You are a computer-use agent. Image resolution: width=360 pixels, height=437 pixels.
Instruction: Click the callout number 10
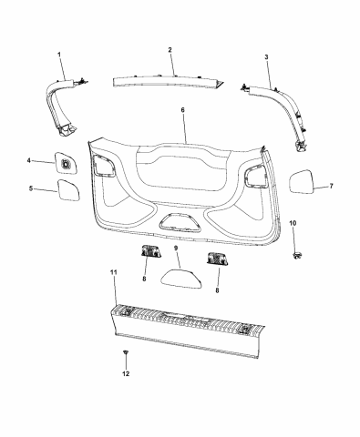coord(293,223)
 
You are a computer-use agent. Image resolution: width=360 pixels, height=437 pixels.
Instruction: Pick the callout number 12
coord(127,374)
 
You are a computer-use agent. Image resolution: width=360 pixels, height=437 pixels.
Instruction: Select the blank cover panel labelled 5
coord(68,191)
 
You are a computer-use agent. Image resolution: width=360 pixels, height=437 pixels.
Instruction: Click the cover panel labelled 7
coord(303,181)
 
